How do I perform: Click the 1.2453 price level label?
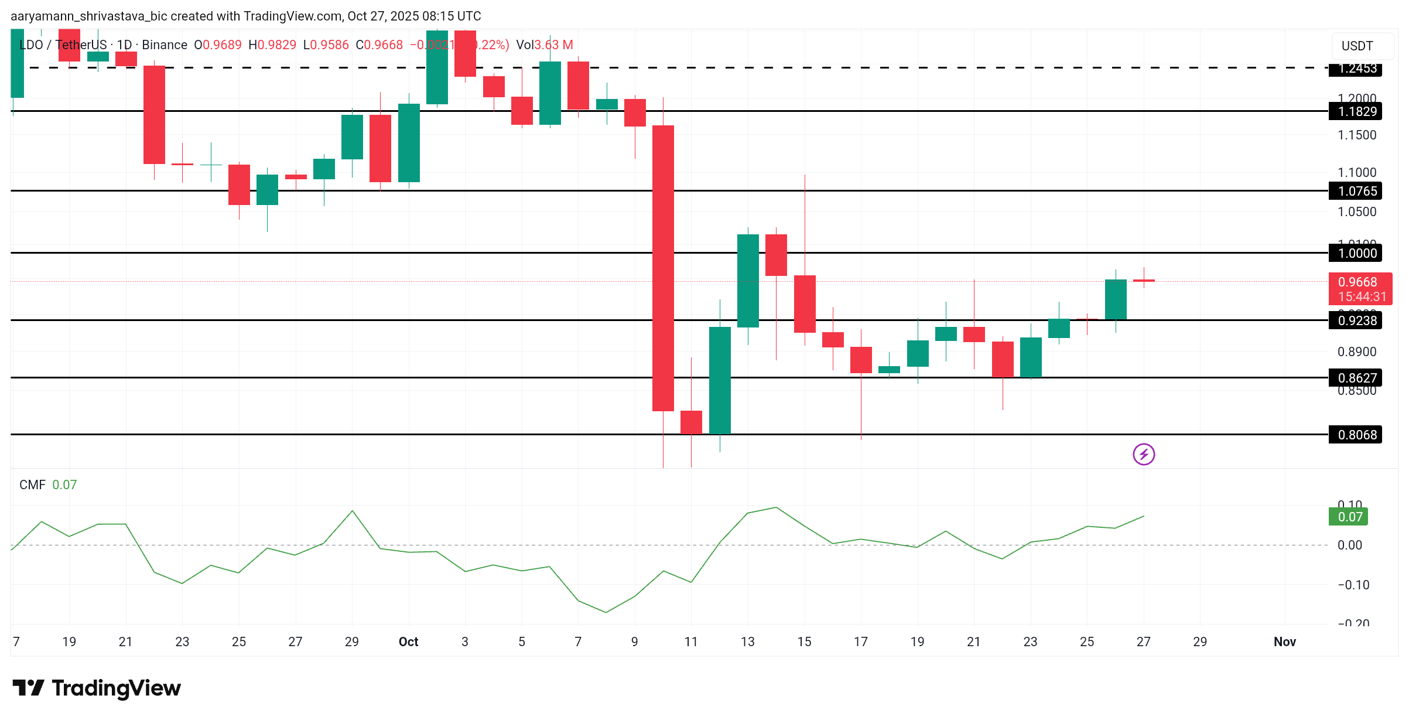click(x=1357, y=69)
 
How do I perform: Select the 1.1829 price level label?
click(x=1357, y=111)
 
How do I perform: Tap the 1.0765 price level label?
click(x=1357, y=191)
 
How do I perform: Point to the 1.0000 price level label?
click(x=1357, y=253)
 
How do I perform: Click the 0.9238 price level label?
click(x=1357, y=320)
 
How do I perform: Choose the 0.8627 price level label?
click(x=1357, y=378)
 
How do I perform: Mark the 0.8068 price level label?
click(x=1357, y=435)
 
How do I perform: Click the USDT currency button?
click(x=1357, y=46)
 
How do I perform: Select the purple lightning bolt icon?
click(x=1144, y=454)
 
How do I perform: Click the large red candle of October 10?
click(x=663, y=268)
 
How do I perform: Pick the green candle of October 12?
click(x=720, y=380)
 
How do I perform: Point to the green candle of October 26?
click(x=1116, y=299)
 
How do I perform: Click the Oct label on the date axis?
click(x=408, y=641)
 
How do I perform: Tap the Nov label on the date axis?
click(x=1284, y=641)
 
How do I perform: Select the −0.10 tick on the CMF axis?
click(x=1353, y=585)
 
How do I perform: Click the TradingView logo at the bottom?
click(x=97, y=688)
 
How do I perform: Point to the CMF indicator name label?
click(x=32, y=484)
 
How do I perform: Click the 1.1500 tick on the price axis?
click(x=1356, y=135)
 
